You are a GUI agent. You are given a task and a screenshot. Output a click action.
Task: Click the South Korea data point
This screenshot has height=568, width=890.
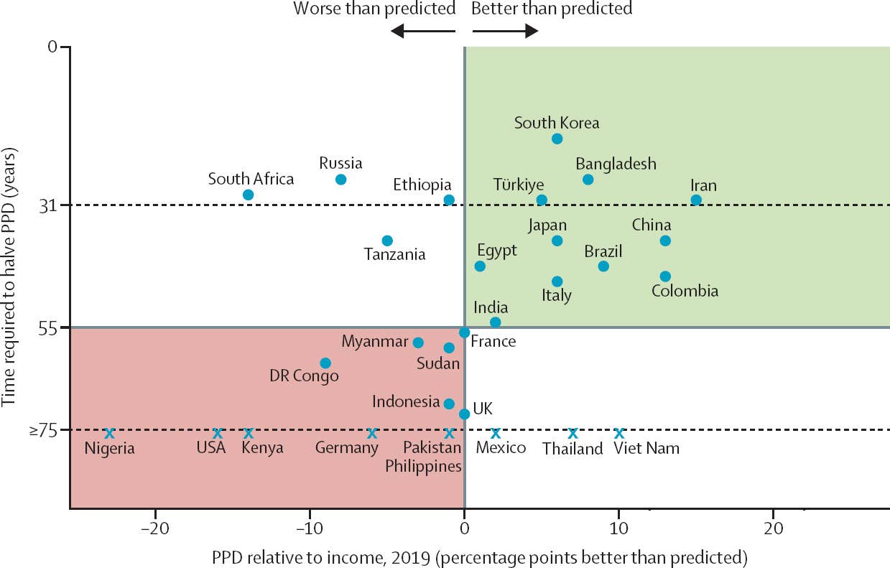point(557,139)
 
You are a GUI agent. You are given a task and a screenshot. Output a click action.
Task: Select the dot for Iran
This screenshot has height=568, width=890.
point(696,200)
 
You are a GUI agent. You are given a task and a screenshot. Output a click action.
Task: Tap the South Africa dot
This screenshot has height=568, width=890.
point(248,195)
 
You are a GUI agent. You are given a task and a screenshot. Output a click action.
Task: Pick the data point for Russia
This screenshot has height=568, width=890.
point(340,179)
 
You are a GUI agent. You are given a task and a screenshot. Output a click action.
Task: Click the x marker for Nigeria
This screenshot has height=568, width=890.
point(109,433)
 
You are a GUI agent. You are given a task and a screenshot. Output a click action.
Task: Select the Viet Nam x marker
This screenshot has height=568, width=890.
point(619,433)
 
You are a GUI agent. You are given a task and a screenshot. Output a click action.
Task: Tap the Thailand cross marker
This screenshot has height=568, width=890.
point(573,433)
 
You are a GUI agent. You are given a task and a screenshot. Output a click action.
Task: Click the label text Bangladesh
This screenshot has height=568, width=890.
point(616,164)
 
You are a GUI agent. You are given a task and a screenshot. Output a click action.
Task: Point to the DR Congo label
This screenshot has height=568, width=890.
point(304,376)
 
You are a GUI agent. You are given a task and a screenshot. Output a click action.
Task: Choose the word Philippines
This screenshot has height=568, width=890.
point(423,466)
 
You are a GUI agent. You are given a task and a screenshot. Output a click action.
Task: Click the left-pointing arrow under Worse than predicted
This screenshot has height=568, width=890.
point(423,31)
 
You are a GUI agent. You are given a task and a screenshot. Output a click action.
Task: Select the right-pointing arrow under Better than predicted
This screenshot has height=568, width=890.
point(505,31)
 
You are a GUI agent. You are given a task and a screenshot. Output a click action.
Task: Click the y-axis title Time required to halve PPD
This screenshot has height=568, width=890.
point(10,277)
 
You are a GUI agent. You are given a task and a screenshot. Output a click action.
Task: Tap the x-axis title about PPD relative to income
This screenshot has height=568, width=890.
point(480,557)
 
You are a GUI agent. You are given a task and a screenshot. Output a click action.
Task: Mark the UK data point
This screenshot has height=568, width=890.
point(464,414)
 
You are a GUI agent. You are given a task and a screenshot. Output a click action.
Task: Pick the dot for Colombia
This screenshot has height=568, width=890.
point(665,276)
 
